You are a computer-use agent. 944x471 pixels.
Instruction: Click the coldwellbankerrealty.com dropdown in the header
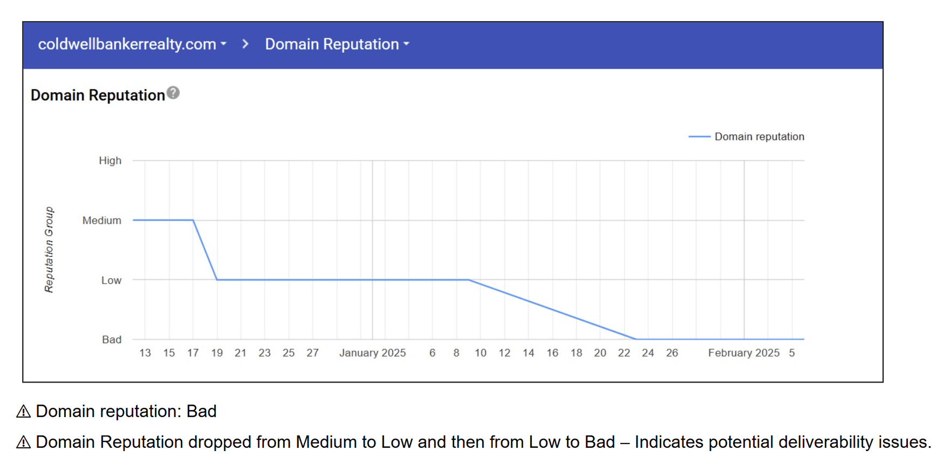132,44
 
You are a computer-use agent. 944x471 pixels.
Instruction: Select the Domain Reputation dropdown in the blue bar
337,44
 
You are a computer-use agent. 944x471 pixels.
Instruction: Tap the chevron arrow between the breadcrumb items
245,44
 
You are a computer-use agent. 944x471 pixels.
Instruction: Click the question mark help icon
173,93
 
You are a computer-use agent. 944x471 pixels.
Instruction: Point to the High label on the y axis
110,161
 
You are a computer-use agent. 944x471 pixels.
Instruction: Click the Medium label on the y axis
102,221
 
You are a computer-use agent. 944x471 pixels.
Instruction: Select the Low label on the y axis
111,281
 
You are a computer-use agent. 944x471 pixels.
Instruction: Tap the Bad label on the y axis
112,340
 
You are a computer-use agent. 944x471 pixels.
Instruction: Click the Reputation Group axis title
49,250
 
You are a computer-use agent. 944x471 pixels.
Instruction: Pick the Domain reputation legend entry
747,137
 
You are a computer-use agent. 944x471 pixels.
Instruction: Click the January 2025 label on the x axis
372,353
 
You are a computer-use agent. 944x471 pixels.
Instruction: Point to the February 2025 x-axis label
743,353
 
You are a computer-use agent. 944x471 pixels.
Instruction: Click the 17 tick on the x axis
193,353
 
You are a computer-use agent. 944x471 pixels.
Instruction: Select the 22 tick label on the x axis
624,353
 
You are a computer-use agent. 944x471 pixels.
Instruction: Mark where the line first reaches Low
217,280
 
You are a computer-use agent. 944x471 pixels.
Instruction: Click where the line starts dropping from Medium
193,220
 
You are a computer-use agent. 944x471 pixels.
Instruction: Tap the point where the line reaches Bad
636,339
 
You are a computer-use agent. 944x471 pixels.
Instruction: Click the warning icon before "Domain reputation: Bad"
23,412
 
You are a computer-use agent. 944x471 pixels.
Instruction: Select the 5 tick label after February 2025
791,353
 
